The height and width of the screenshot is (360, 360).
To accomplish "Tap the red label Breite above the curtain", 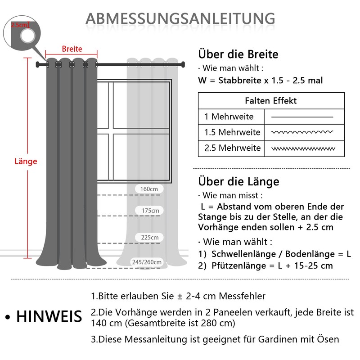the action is pos(72,49).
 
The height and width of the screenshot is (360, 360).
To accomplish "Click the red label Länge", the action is pos(26,161).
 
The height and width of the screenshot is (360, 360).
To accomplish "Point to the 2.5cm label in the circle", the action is pos(19,25).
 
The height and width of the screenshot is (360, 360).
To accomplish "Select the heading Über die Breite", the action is pos(238,54).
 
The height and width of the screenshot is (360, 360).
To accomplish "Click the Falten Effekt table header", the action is pos(271,101).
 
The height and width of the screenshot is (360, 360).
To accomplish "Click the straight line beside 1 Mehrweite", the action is pos(302,117).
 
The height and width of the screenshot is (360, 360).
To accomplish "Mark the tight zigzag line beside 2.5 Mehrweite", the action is pos(302,148).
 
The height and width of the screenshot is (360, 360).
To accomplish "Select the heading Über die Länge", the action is pos(238,181).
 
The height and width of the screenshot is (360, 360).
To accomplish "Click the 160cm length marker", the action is pos(149,189).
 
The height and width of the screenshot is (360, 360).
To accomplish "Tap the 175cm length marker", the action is pos(150,211).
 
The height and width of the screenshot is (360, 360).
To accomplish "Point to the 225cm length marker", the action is pos(150,238).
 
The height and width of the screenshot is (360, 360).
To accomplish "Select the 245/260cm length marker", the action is pos(147,262).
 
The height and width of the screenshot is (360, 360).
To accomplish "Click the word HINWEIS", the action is pos(49,316).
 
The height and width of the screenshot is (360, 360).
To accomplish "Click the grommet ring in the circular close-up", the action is pos(28,37).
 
